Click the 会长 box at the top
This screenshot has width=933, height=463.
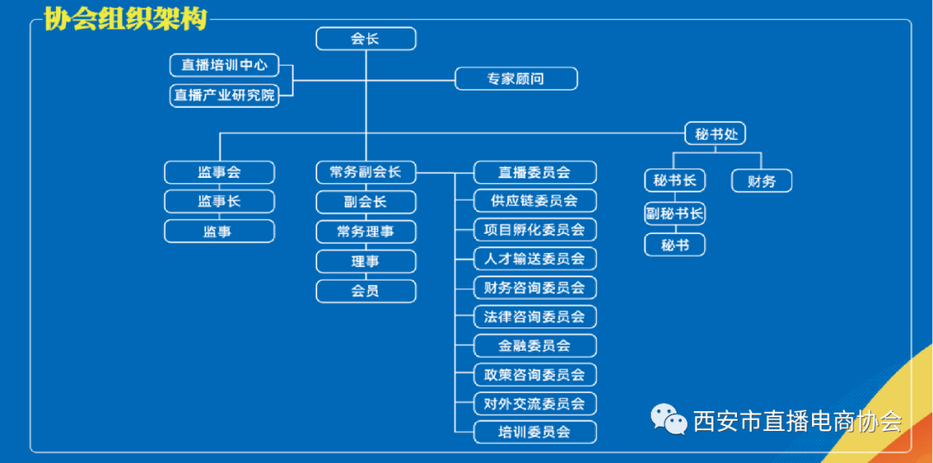coord(365,39)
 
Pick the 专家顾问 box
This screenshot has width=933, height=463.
coord(516,79)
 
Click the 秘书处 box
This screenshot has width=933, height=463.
coord(714,134)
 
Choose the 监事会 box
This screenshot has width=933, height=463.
coord(219,172)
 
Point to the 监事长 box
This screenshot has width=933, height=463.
coord(219,201)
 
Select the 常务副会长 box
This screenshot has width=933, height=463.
coord(365,172)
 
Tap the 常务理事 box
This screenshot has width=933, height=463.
coord(365,231)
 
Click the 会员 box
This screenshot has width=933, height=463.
coord(365,291)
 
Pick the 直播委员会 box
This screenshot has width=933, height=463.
coord(535,172)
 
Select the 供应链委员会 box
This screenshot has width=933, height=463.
coord(535,201)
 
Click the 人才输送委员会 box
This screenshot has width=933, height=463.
coord(535,258)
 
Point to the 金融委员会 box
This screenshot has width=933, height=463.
coord(535,346)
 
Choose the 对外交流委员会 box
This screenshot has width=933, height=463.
coord(535,403)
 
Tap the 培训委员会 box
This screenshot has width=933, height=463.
coord(535,432)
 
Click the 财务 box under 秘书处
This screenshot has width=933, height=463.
coord(761,181)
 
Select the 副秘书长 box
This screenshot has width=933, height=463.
coord(675,213)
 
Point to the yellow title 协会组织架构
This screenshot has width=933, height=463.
coord(125,19)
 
